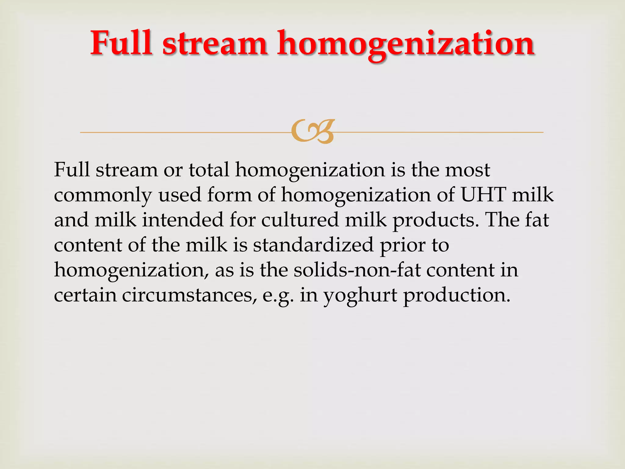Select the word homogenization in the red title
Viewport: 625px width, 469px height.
[x=406, y=45]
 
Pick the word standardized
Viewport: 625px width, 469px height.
[x=313, y=245]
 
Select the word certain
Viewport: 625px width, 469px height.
[x=85, y=295]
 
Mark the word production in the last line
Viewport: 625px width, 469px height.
[x=457, y=296]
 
